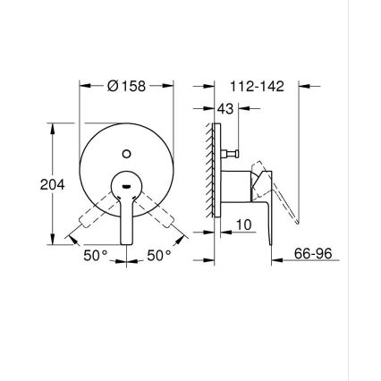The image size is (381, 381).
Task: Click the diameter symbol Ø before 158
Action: [x=113, y=87]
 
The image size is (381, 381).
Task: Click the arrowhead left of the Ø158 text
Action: [x=86, y=87]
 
